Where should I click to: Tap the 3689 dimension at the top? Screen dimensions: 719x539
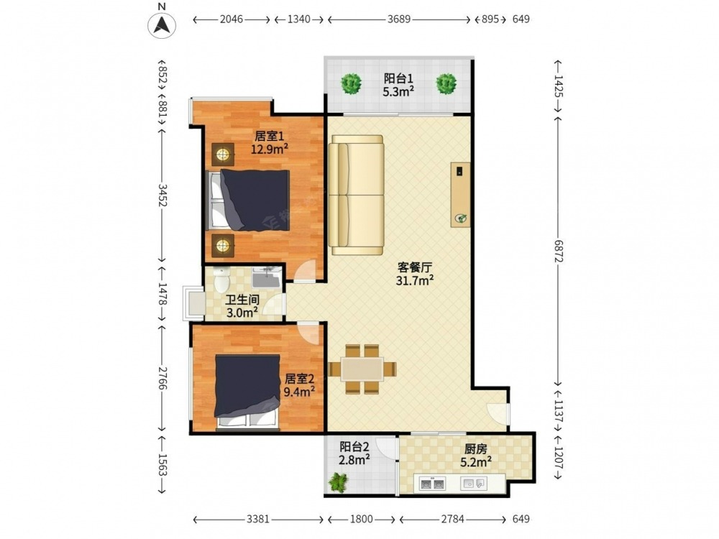pos(398,19)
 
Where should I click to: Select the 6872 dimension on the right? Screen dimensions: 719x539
pos(558,251)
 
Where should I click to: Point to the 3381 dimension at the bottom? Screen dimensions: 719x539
pos(257,520)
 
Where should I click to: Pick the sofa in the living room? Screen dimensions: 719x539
pos(357,195)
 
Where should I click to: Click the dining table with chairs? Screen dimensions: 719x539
pos(362,369)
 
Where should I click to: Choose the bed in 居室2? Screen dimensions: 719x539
pos(247,393)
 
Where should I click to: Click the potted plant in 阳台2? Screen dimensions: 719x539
pos(339,483)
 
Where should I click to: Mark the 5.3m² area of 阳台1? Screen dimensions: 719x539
pos(398,92)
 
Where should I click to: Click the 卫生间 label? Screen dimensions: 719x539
pos(242,300)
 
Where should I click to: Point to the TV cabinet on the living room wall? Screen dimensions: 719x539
pos(460,194)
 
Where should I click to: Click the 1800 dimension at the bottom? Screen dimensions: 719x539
pos(362,520)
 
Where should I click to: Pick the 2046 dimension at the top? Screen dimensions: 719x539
pos(231,19)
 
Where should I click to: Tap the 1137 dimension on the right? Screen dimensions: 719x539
pos(558,410)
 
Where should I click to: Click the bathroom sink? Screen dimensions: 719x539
pos(266,277)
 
